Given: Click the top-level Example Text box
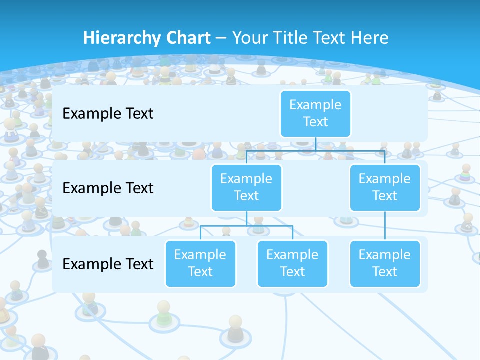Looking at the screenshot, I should (x=315, y=113).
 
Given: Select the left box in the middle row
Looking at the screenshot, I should (x=246, y=187).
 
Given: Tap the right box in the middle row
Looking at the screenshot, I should (x=385, y=187).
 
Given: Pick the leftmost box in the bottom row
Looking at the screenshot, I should (x=200, y=263).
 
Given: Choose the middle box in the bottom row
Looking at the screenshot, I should (x=292, y=263).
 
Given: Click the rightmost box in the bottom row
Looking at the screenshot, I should (x=385, y=263).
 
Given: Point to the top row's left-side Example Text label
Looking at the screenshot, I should (x=108, y=114).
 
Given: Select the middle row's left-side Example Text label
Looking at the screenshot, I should (x=108, y=188).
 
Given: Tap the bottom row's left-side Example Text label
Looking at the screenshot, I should (x=108, y=264).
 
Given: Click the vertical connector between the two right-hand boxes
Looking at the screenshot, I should (x=385, y=226).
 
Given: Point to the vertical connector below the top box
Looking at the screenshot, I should (x=315, y=143).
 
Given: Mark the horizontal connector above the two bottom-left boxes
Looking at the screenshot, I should (x=246, y=225).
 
